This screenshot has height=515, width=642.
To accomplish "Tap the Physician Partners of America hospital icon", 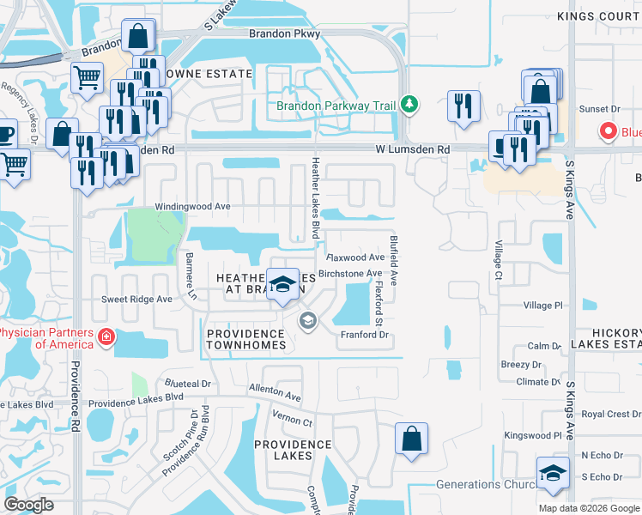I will pyautogui.click(x=106, y=337).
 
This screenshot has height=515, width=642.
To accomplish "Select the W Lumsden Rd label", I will pyautogui.click(x=413, y=149).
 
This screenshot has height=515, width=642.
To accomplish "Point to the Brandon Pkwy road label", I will pyautogui.click(x=284, y=33).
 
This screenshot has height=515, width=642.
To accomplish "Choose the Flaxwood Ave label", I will pyautogui.click(x=355, y=257).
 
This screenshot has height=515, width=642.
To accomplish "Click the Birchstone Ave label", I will pyautogui.click(x=350, y=274).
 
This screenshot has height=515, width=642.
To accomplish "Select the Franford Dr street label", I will pyautogui.click(x=366, y=335).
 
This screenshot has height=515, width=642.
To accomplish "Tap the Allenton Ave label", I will pyautogui.click(x=275, y=393).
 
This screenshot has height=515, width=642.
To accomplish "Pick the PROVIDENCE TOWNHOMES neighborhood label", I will pyautogui.click(x=246, y=339).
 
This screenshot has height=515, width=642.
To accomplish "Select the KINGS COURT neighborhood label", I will pyautogui.click(x=598, y=16).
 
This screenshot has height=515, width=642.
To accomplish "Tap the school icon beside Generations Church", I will pyautogui.click(x=553, y=473).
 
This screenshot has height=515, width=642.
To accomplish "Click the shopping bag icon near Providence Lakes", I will pyautogui.click(x=412, y=437).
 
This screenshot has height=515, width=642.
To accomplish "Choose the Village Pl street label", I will pyautogui.click(x=542, y=305).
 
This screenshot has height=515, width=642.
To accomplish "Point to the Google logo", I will pyautogui.click(x=29, y=505).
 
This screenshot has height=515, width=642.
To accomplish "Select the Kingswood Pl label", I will pyautogui.click(x=532, y=435).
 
